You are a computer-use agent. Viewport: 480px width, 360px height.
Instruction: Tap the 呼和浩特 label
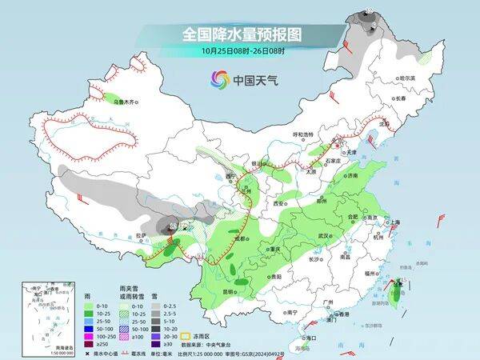[305, 135]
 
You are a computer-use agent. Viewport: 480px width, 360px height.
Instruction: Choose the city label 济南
[354, 175]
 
